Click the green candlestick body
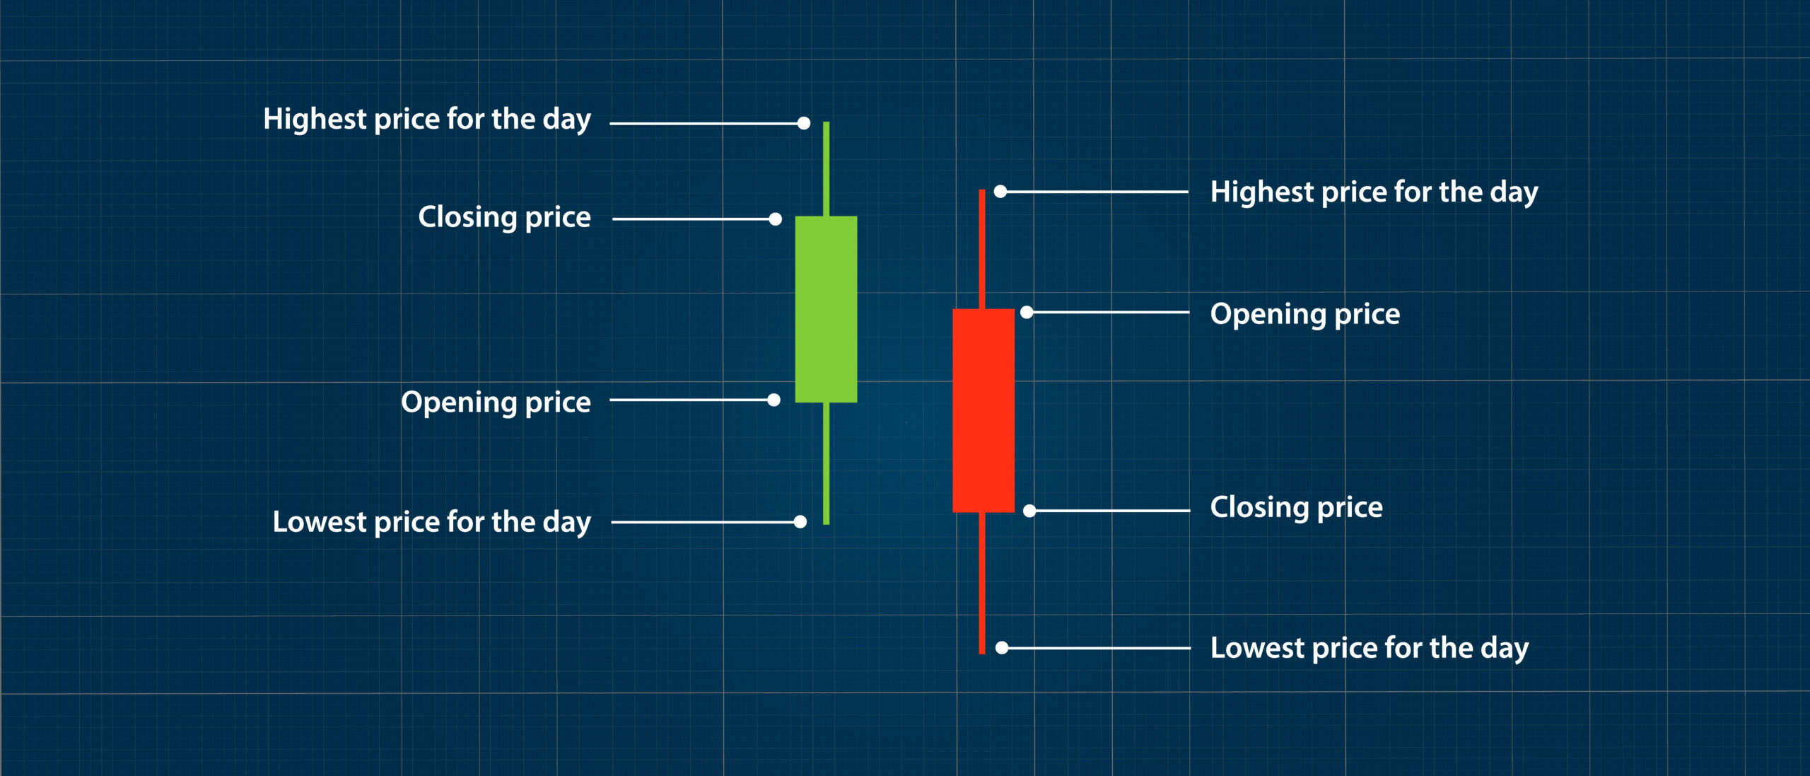click(x=826, y=309)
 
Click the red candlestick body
click(x=983, y=410)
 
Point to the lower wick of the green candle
click(x=826, y=463)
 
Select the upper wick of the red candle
click(x=982, y=248)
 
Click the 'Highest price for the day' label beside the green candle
click(x=427, y=120)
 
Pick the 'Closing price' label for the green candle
click(x=504, y=217)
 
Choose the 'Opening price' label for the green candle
click(x=496, y=403)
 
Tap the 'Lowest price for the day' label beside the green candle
click(x=431, y=523)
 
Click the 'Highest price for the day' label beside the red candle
click(x=1374, y=192)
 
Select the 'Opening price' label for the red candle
click(x=1304, y=314)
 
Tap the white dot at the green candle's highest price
click(x=804, y=124)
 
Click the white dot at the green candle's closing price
click(x=776, y=219)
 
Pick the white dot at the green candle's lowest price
click(x=800, y=522)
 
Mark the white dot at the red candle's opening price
click(x=1027, y=312)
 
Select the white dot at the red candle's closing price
click(x=1029, y=511)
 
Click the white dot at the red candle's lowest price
click(x=1002, y=648)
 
